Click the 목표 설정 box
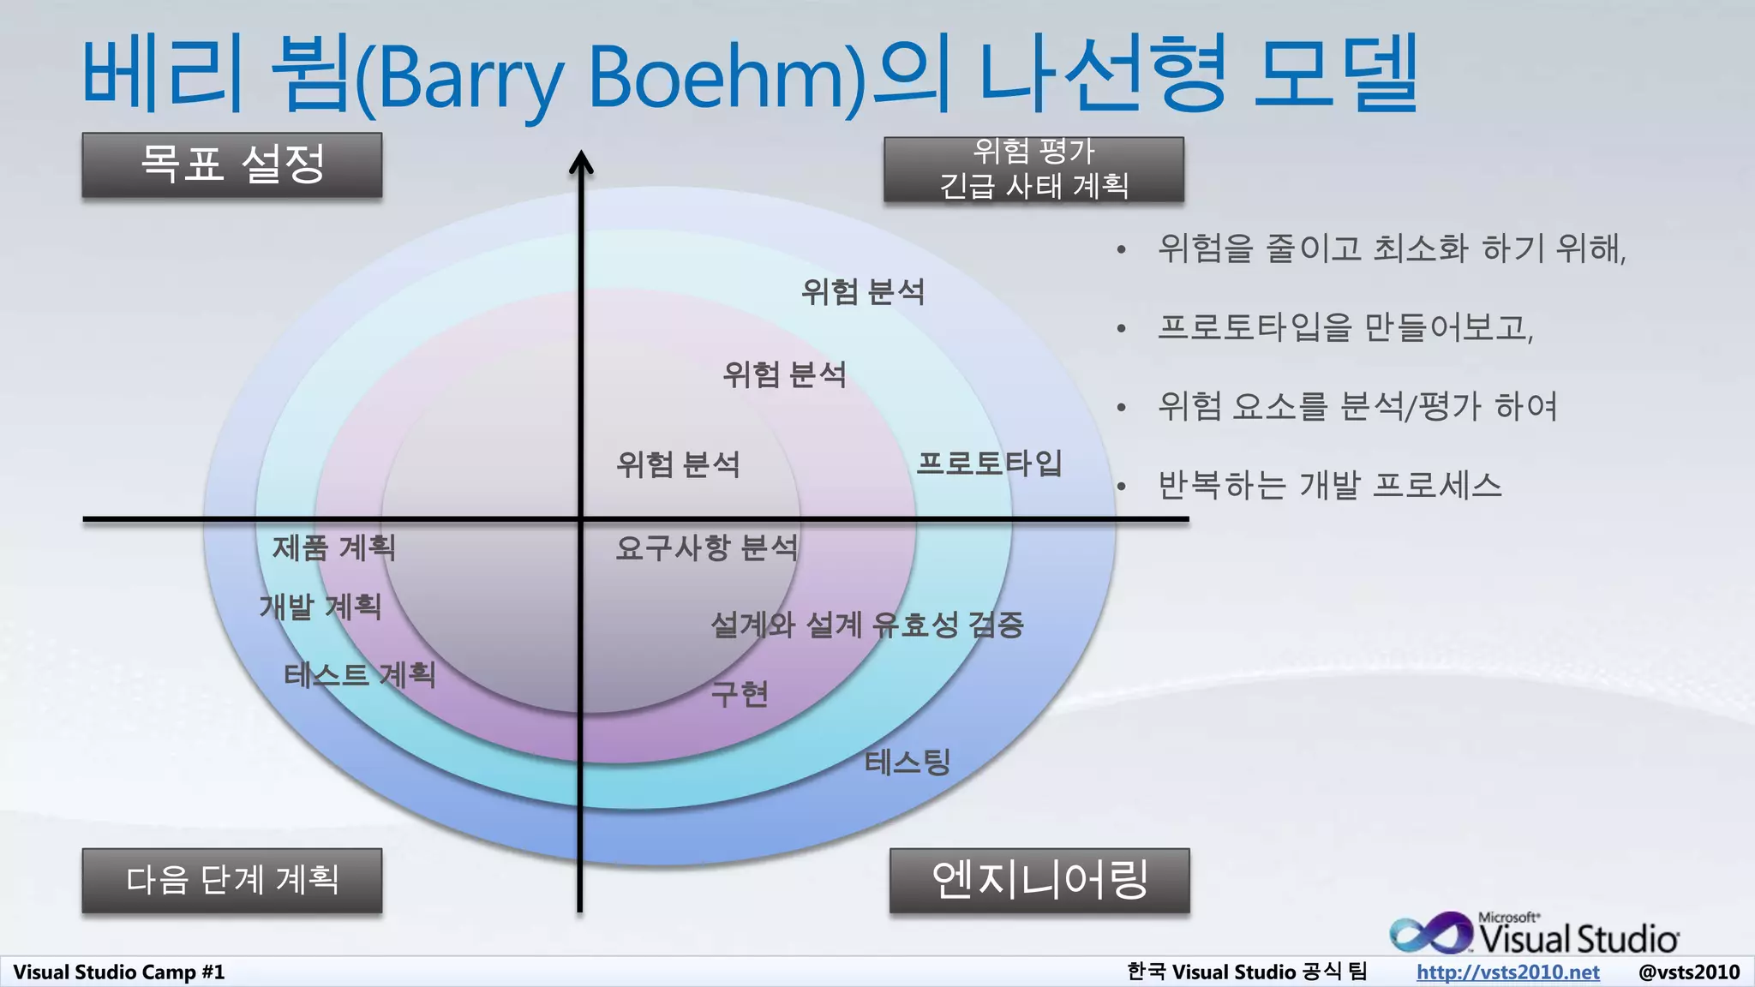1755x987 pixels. tap(231, 164)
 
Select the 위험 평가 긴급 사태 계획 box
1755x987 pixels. tap(1033, 170)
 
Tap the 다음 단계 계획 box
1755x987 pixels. tap(231, 880)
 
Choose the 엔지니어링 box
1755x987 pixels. tap(1039, 880)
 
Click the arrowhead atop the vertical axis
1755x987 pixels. tap(581, 161)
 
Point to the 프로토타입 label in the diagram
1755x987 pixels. tap(989, 464)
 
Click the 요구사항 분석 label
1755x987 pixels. tap(706, 547)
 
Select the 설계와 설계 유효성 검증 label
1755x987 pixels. tap(867, 625)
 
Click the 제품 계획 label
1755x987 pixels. tap(334, 547)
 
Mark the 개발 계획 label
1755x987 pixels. tap(320, 607)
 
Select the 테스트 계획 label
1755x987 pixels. tap(360, 675)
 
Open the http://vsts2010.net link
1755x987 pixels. tap(1507, 972)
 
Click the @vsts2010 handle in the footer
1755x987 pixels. tap(1688, 972)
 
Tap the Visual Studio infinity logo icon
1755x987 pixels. tap(1429, 934)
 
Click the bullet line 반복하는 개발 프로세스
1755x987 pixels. tap(1329, 486)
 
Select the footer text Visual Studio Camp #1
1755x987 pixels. tap(118, 972)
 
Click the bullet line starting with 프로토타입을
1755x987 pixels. tap(1345, 327)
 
